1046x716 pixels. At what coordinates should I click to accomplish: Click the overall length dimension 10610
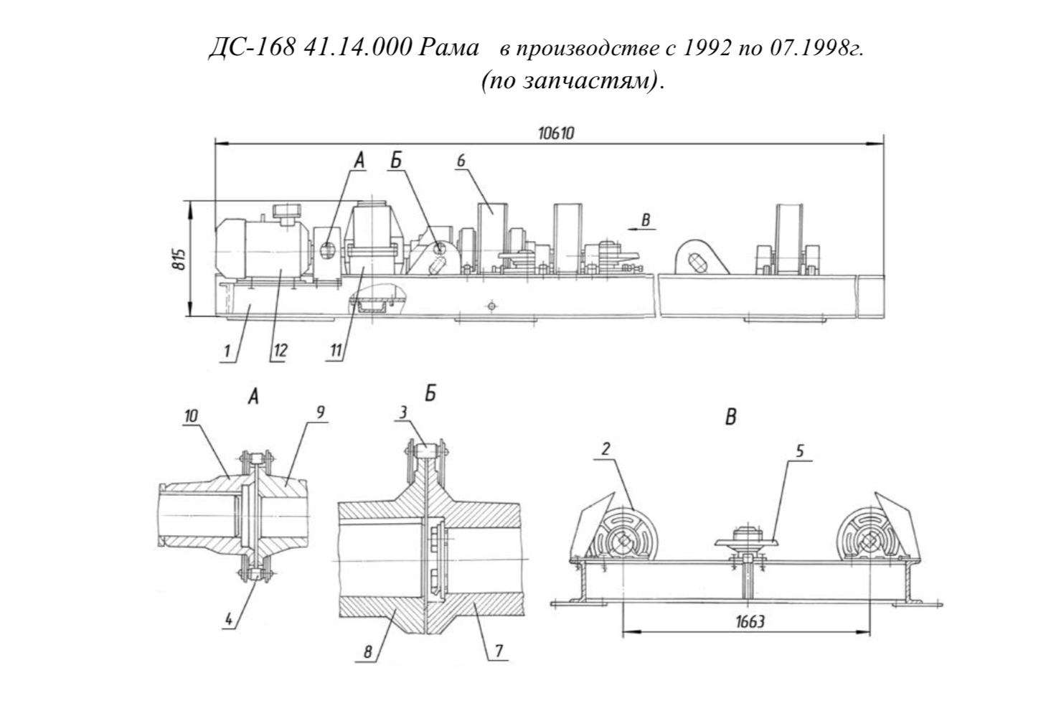click(x=556, y=134)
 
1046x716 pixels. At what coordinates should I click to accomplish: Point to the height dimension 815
click(x=179, y=259)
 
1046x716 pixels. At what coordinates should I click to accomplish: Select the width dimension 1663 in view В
click(x=750, y=621)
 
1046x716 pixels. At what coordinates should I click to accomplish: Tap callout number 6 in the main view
click(x=461, y=160)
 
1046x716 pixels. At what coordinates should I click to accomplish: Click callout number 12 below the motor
click(x=281, y=350)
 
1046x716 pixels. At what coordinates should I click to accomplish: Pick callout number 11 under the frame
click(x=336, y=350)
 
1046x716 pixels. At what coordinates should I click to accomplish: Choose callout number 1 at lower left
click(x=227, y=351)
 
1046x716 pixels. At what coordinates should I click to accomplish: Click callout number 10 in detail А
click(x=191, y=415)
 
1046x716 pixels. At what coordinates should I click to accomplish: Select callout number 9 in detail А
click(x=320, y=412)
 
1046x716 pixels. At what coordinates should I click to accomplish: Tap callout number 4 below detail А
click(x=228, y=619)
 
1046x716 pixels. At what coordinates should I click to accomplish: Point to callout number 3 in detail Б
click(x=403, y=412)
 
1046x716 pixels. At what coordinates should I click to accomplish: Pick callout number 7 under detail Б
click(x=499, y=651)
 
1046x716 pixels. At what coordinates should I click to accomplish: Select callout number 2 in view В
click(x=606, y=449)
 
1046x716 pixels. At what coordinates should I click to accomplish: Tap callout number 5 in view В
click(x=800, y=451)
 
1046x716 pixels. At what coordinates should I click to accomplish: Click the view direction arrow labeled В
click(x=641, y=229)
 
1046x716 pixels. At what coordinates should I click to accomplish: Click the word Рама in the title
click(x=448, y=47)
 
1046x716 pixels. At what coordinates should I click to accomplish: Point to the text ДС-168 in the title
click(x=252, y=47)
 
